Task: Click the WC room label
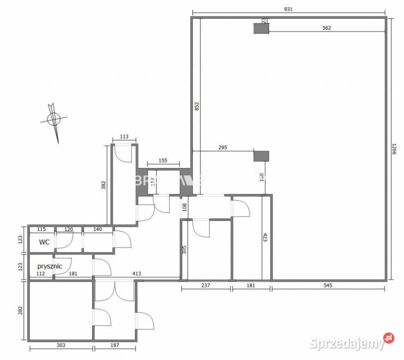point(44,242)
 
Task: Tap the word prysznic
point(50,266)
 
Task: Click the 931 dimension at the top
point(288,9)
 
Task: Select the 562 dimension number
point(326,28)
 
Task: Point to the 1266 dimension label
point(394,148)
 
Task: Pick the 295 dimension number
point(223,147)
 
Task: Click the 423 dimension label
point(265,236)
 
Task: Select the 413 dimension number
point(136,273)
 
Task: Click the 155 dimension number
point(163,161)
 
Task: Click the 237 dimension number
point(205,285)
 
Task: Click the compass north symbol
point(53,119)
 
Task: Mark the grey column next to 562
point(261,28)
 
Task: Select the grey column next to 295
point(261,156)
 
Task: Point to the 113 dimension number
point(124,136)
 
